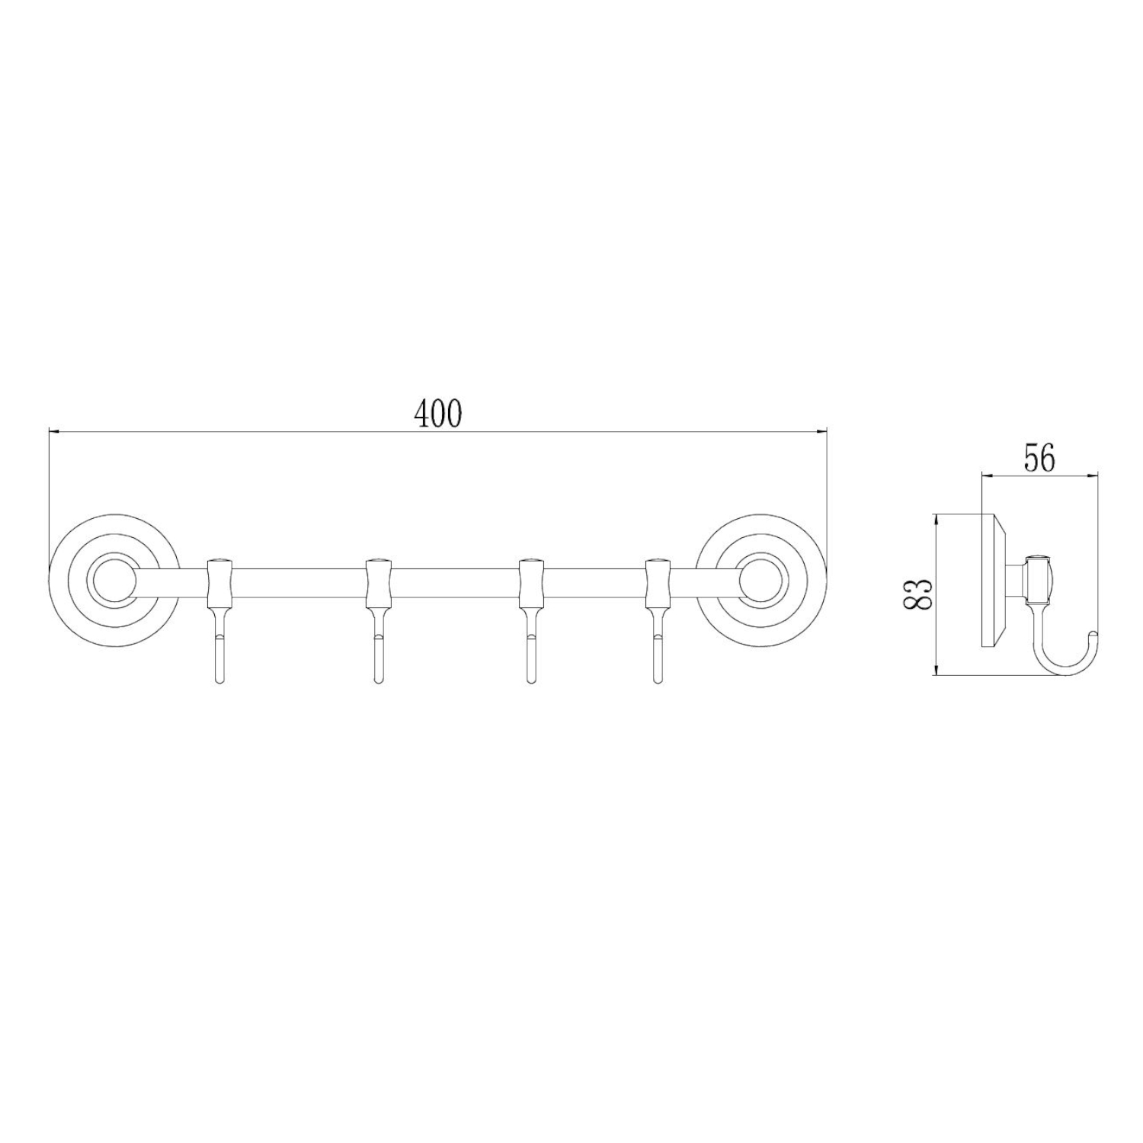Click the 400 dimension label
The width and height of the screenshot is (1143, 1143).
pyautogui.click(x=438, y=413)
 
